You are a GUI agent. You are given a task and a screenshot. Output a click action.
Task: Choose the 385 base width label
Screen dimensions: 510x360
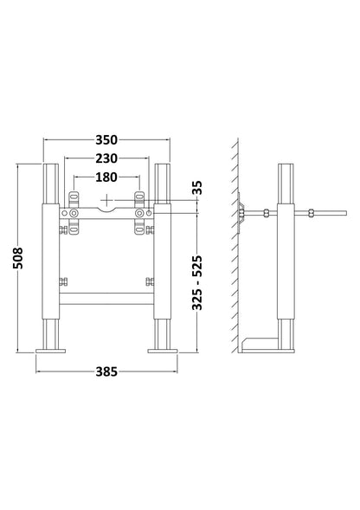tap(107, 371)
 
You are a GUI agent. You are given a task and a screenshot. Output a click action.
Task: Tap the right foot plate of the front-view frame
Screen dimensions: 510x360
tap(164, 350)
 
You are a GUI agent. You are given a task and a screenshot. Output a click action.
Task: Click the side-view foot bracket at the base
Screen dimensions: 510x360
tap(265, 344)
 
